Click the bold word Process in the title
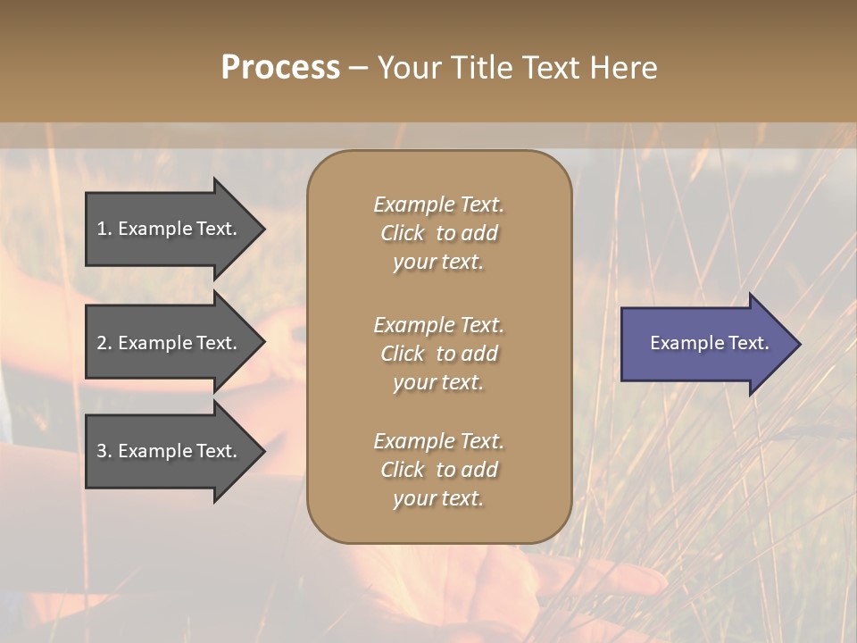click(280, 67)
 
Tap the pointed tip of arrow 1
click(262, 229)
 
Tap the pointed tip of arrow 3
click(262, 451)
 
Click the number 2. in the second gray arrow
click(104, 343)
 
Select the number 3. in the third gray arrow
click(104, 451)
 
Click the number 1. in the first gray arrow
click(104, 229)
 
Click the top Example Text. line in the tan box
click(438, 205)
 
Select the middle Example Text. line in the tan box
click(438, 325)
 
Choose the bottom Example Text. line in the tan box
click(438, 441)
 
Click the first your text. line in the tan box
click(438, 263)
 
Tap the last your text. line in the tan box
click(438, 499)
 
